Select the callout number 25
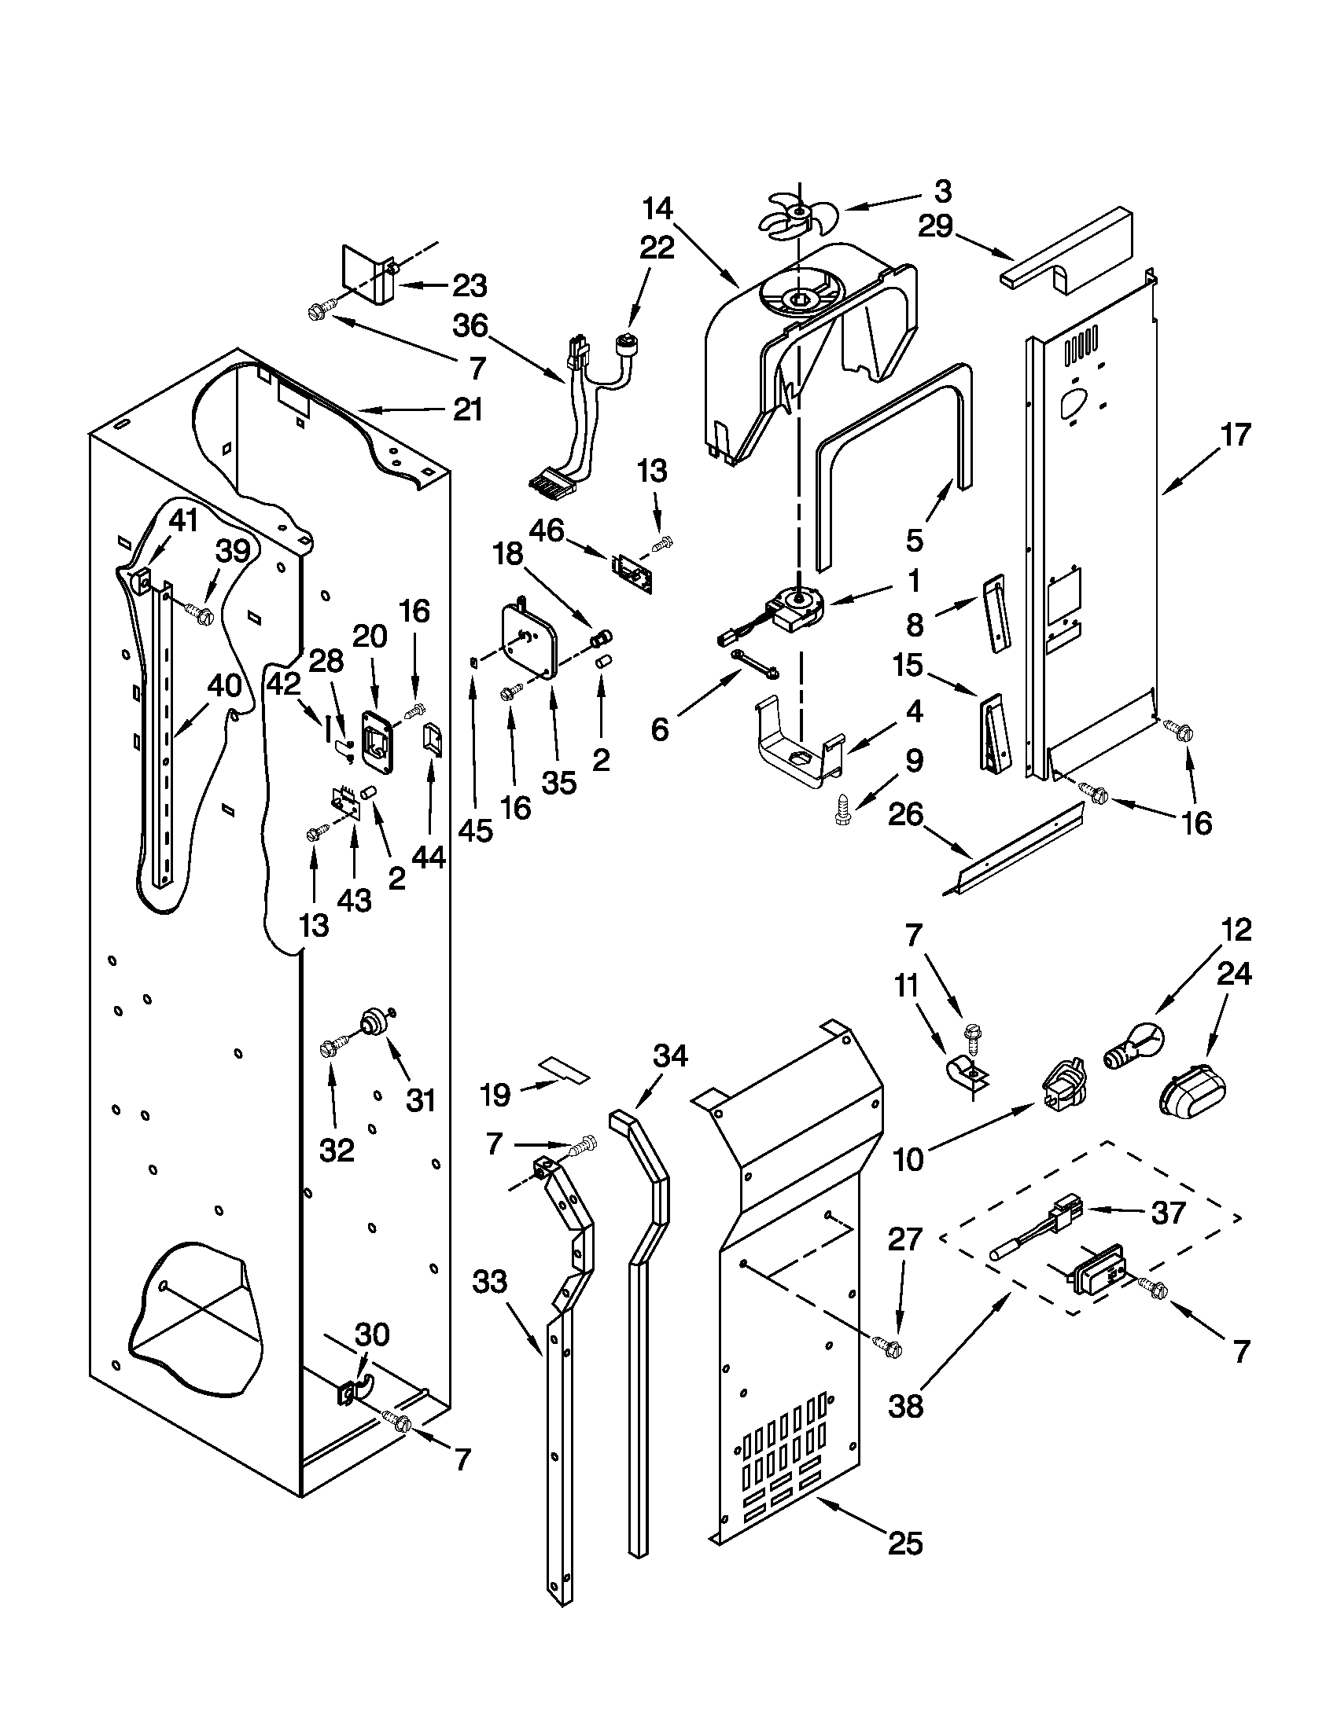pos(905,1543)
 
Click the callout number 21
pos(467,410)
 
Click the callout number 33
pos(488,1281)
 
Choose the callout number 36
pos(470,326)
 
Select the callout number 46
pos(547,530)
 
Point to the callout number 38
pos(905,1406)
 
